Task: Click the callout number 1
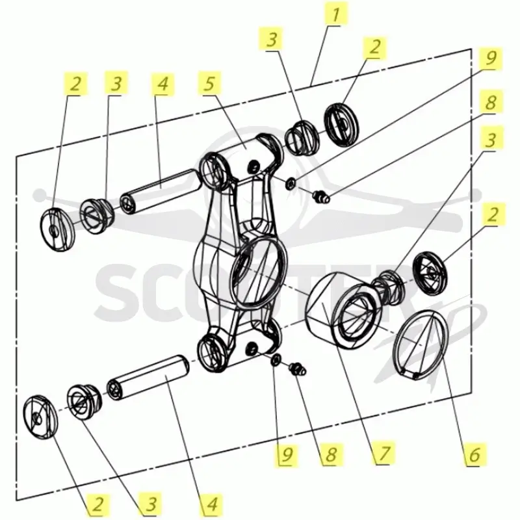click(x=336, y=14)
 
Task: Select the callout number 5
click(x=209, y=83)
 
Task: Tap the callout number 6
click(x=475, y=454)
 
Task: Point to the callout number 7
click(x=383, y=452)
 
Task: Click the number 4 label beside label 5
click(x=162, y=83)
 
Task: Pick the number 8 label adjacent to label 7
click(x=331, y=454)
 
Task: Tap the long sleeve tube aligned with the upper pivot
click(x=161, y=192)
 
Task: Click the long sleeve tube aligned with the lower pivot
click(x=148, y=378)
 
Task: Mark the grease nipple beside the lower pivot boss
click(x=298, y=369)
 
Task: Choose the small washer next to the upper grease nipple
click(x=291, y=183)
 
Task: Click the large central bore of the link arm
click(x=258, y=272)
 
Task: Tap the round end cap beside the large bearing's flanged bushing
click(x=430, y=272)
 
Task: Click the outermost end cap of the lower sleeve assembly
click(x=40, y=417)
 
